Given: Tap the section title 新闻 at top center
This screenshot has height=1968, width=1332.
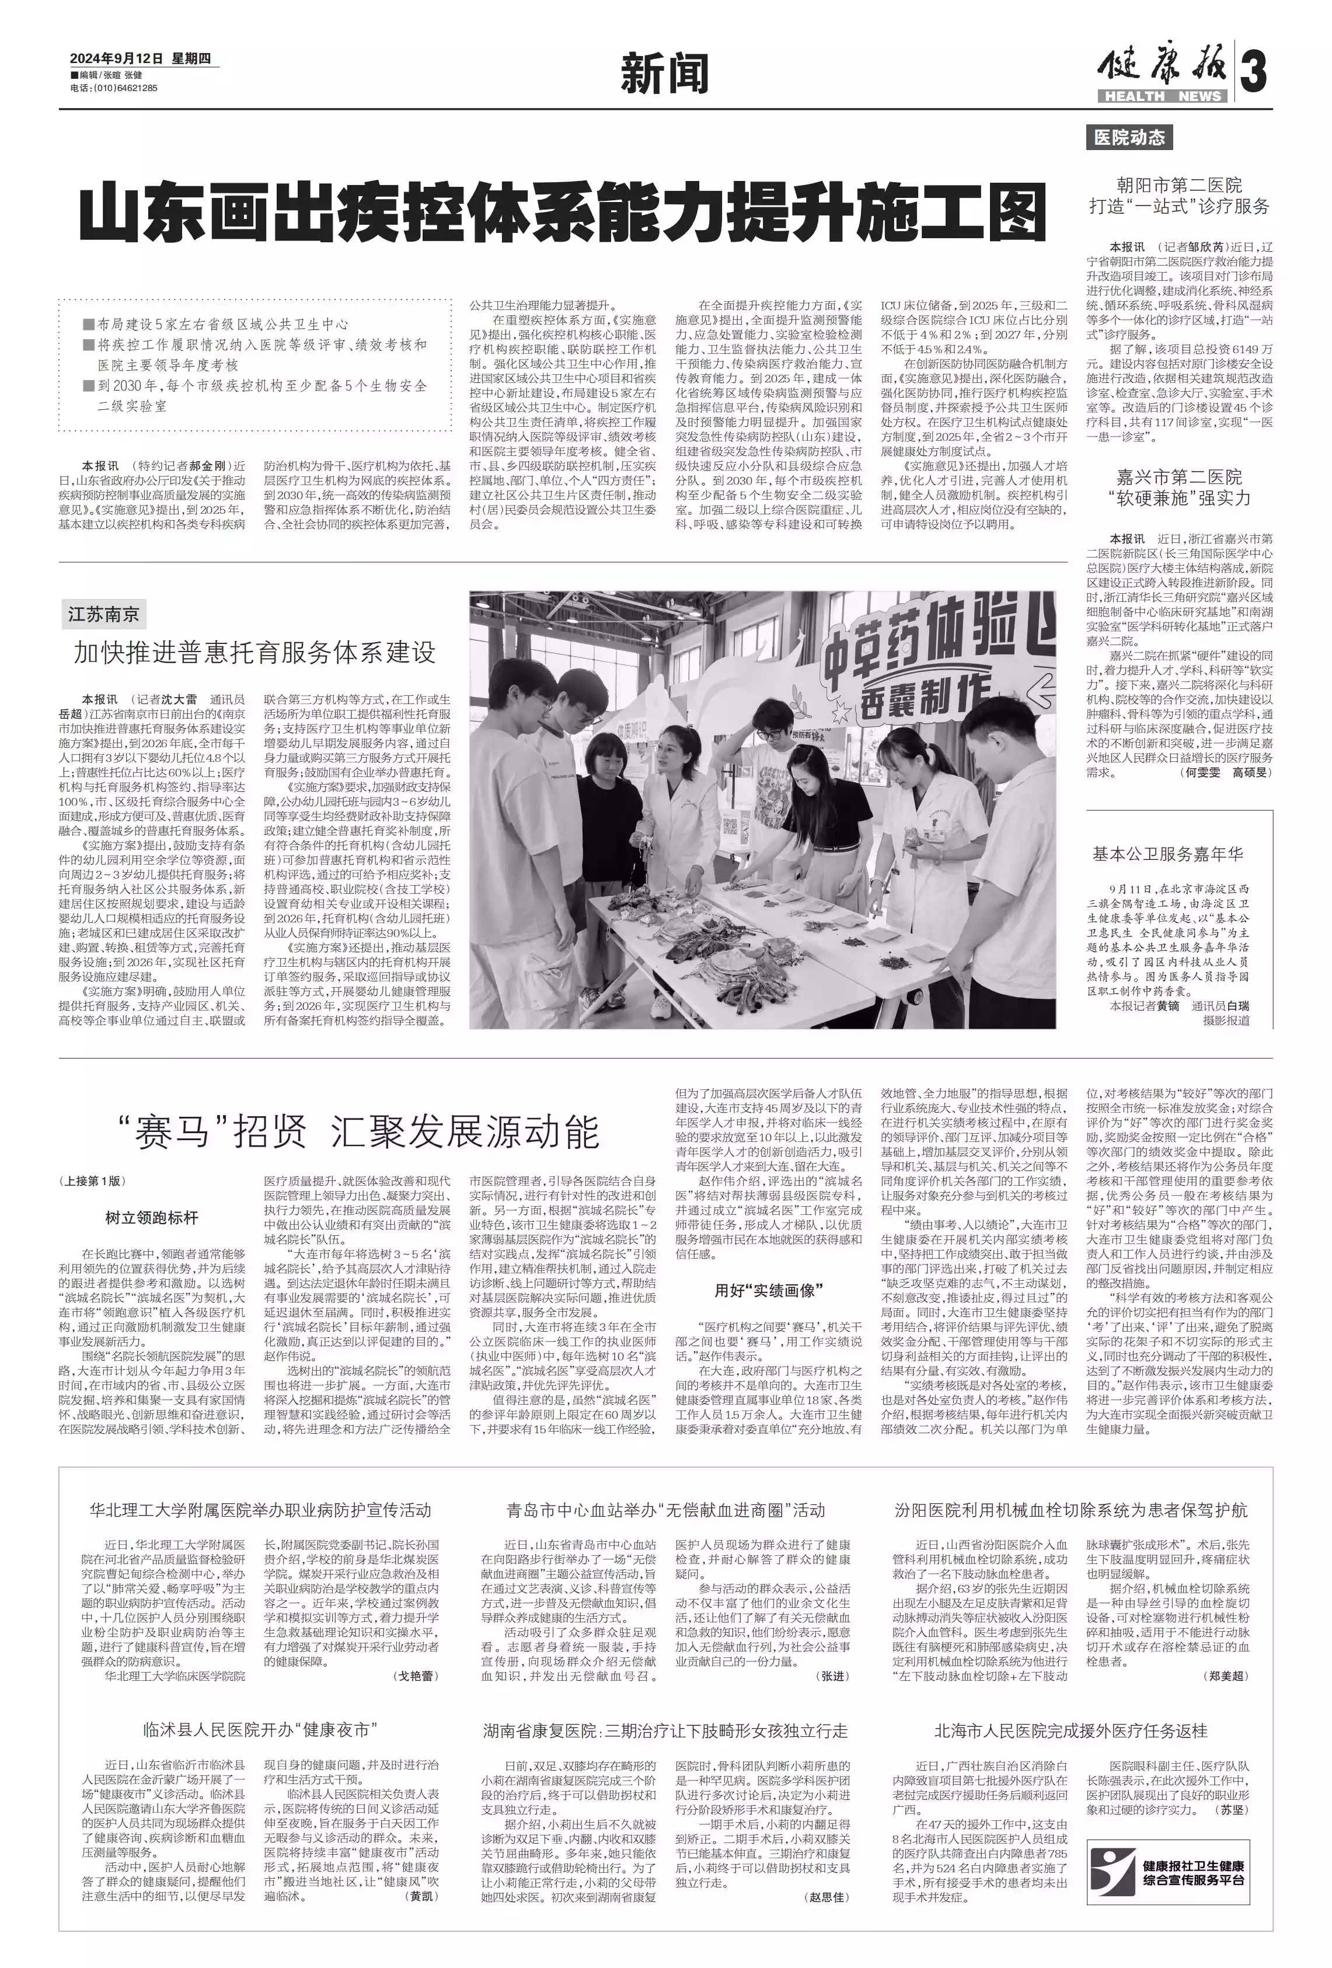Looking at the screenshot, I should point(665,75).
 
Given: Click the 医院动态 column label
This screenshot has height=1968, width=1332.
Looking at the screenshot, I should point(1129,137).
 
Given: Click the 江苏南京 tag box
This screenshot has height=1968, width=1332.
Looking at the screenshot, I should point(103,613).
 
